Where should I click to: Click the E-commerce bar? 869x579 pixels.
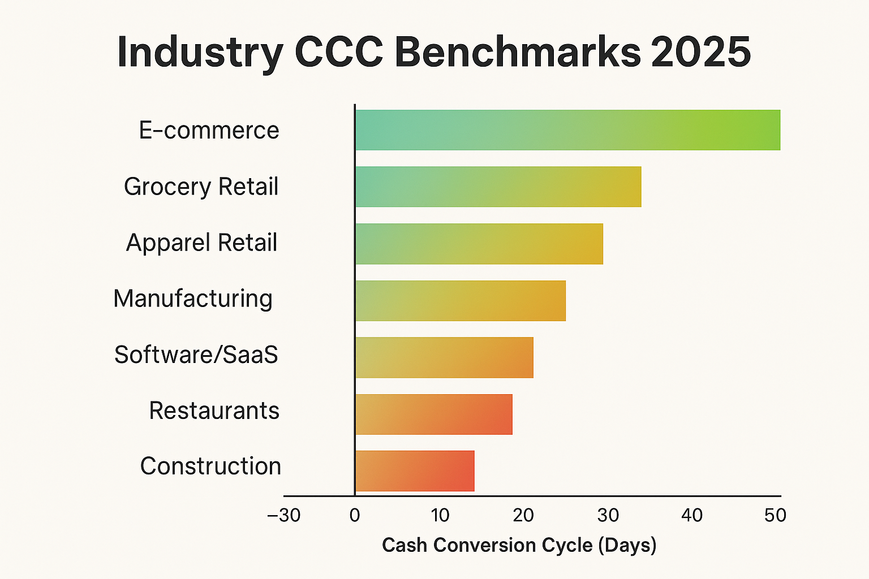pyautogui.click(x=567, y=130)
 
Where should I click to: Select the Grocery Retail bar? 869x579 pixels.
pyautogui.click(x=498, y=187)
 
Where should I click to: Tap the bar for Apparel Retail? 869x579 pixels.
pyautogui.click(x=479, y=244)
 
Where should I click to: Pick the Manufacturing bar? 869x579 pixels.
pyautogui.click(x=460, y=300)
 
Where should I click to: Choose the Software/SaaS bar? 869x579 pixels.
pyautogui.click(x=444, y=357)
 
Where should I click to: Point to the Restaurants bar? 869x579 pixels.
pyautogui.click(x=433, y=414)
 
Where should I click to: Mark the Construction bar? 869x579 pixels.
pyautogui.click(x=415, y=471)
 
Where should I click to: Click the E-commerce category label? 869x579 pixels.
pyautogui.click(x=209, y=131)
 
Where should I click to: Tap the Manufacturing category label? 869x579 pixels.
pyautogui.click(x=193, y=299)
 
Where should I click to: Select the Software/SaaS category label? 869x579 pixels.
pyautogui.click(x=196, y=355)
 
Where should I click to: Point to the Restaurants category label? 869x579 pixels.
pyautogui.click(x=214, y=411)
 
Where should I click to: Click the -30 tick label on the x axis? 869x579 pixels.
pyautogui.click(x=283, y=515)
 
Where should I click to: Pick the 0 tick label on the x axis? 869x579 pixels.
pyautogui.click(x=355, y=515)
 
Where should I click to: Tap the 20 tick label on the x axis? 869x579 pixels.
pyautogui.click(x=523, y=515)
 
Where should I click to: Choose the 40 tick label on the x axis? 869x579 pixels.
pyautogui.click(x=691, y=515)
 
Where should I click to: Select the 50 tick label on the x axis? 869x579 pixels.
pyautogui.click(x=775, y=515)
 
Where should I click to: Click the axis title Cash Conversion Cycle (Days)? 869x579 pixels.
pyautogui.click(x=519, y=545)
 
